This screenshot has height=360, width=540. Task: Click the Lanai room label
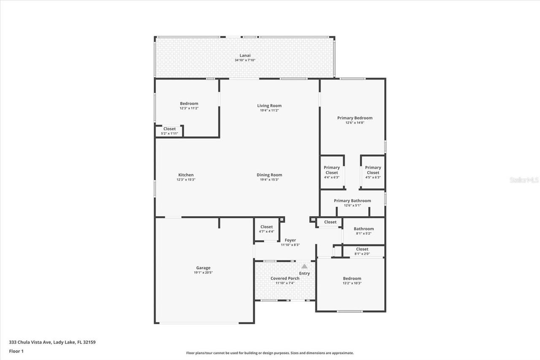click(x=245, y=55)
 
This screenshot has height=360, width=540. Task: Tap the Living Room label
click(x=269, y=106)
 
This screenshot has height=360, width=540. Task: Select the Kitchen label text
click(x=186, y=175)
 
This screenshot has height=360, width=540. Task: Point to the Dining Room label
click(x=269, y=175)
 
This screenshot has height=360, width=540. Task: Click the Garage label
click(x=203, y=268)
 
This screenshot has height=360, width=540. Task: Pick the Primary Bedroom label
click(x=354, y=118)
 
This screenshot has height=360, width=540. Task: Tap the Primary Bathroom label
click(x=352, y=200)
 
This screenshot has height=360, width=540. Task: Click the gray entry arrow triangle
click(x=304, y=266)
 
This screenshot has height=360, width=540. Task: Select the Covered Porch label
click(x=285, y=278)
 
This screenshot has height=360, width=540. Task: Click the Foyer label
click(x=290, y=240)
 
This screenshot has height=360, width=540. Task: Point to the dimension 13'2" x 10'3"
click(x=352, y=283)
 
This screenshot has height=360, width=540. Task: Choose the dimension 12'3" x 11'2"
click(x=189, y=108)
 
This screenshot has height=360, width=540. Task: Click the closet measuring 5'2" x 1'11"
click(x=170, y=131)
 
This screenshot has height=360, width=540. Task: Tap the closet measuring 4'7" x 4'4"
click(x=267, y=229)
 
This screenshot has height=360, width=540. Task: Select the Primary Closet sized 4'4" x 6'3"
click(x=332, y=172)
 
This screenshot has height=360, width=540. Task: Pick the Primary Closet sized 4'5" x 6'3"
click(x=373, y=172)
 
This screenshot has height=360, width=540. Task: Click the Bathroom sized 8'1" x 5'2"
click(x=364, y=231)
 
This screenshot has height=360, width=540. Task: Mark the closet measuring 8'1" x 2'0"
click(x=362, y=251)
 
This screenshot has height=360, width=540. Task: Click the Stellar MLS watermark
click(x=524, y=180)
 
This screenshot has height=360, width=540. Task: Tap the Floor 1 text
click(x=16, y=351)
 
